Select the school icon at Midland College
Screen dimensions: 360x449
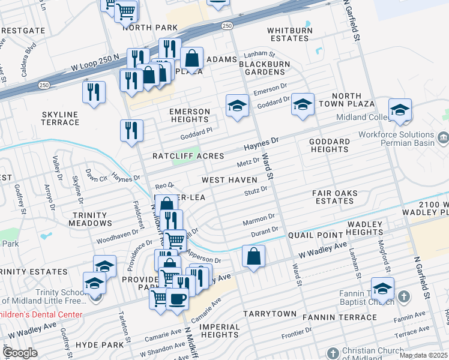(400, 110)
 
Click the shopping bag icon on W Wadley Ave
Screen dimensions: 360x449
(254, 256)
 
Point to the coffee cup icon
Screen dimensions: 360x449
(177, 298)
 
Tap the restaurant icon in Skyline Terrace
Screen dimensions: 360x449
(94, 92)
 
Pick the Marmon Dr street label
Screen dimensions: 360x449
(259, 218)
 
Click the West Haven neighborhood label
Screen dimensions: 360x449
(229, 180)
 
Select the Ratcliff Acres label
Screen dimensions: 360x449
(188, 156)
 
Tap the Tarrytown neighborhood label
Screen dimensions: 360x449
(270, 314)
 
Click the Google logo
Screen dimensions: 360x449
(20, 353)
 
